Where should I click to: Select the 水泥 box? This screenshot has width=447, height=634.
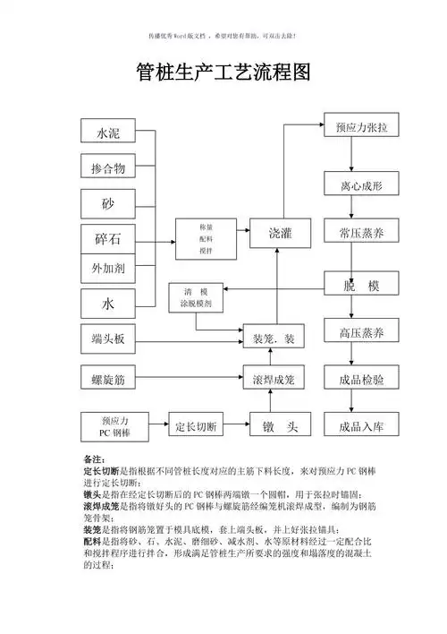107,133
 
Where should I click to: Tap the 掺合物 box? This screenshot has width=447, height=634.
107,168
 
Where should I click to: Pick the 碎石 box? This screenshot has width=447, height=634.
107,239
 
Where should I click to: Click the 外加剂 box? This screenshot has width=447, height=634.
107,268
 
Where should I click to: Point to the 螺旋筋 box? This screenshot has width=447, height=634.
107,381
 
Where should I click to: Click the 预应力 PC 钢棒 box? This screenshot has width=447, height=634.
115,425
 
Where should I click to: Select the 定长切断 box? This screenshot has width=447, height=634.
196,425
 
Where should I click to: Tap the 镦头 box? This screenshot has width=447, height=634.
280,425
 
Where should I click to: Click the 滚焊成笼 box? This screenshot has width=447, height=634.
280,381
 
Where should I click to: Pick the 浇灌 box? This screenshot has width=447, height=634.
280,234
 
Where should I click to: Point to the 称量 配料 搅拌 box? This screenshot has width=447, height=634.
206,239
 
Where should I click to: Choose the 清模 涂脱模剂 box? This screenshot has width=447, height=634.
196,298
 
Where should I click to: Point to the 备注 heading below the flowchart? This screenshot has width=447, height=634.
93,459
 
